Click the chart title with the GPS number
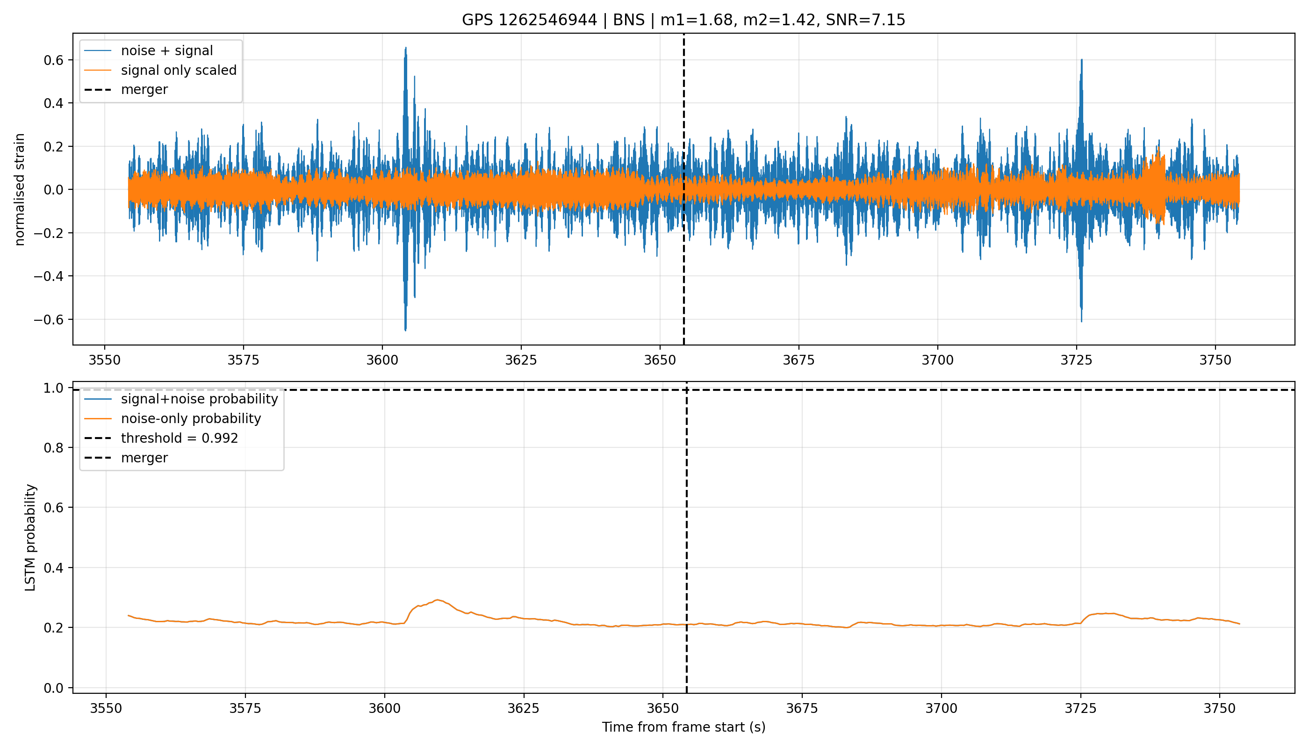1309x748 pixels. tap(683, 20)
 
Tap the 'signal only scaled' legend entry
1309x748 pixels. tap(160, 71)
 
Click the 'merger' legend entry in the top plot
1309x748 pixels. tap(126, 90)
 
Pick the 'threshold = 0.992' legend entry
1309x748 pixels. tap(161, 438)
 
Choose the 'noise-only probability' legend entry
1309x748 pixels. tap(173, 419)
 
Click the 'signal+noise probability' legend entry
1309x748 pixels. tap(181, 399)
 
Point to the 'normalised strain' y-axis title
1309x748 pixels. tap(20, 189)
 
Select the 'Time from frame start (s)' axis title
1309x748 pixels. tap(683, 727)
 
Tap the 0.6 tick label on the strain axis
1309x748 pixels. tap(53, 60)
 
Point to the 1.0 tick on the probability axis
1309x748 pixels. tap(53, 388)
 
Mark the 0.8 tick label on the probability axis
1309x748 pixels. tap(53, 448)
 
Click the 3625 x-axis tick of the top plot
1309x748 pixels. tap(521, 360)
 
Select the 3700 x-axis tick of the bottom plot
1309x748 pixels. tap(941, 708)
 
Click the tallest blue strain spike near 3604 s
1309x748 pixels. tap(406, 48)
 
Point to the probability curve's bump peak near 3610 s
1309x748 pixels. tap(437, 599)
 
